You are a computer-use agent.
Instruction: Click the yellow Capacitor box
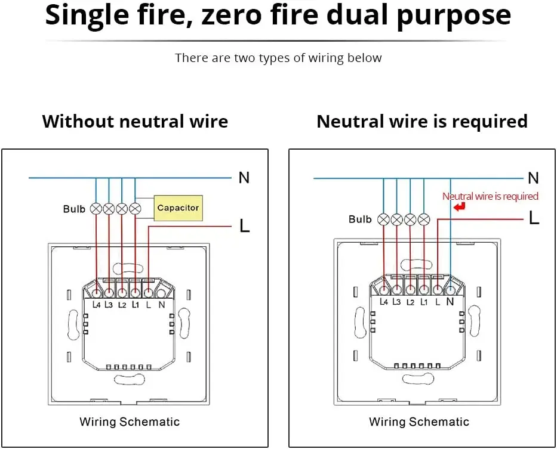pos(178,208)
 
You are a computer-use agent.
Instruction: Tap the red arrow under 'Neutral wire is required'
pos(459,206)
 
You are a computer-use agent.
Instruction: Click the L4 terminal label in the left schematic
pos(97,305)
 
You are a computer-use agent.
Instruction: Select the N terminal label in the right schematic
pos(450,302)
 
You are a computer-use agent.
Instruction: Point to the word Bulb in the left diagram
pos(74,209)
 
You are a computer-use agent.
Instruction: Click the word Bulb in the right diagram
pos(360,219)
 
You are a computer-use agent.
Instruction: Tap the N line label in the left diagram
pos(244,178)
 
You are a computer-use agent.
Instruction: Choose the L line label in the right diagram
pos(534,218)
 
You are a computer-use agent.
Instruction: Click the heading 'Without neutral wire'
pos(135,122)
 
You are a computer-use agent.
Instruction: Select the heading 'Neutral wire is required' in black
pos(422,122)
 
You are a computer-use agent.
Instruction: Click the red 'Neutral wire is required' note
pos(490,196)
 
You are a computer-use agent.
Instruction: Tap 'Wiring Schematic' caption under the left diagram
pos(130,422)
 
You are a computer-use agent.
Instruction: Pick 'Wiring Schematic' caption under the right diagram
pos(419,422)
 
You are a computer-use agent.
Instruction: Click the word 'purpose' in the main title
pos(454,16)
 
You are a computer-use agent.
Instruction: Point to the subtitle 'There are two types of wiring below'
pos(278,58)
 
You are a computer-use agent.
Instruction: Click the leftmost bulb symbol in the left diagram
pos(96,209)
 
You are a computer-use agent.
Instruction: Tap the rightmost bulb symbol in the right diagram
pos(424,219)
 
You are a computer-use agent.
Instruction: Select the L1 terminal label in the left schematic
pos(136,305)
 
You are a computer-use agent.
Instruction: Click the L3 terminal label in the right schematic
pos(396,302)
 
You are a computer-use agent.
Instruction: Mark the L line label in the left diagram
pos(244,225)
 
